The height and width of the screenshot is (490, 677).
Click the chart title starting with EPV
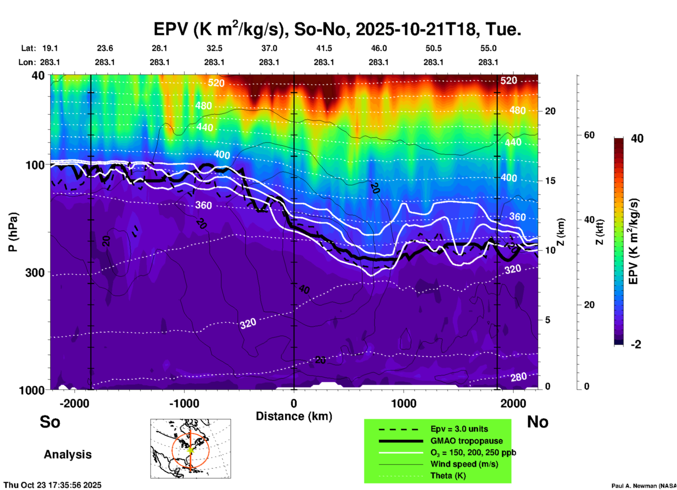click(x=337, y=30)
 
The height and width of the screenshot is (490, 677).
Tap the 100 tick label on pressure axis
click(x=35, y=165)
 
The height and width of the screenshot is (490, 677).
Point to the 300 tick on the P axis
click(x=35, y=272)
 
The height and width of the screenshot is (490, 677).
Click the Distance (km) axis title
click(x=294, y=416)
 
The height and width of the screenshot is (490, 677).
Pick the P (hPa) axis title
click(x=13, y=232)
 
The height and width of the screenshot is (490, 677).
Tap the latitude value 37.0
click(x=269, y=48)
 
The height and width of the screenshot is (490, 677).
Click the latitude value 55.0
click(x=488, y=48)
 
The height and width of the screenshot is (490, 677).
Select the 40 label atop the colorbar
click(x=637, y=138)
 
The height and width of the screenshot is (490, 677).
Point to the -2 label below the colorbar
click(x=636, y=344)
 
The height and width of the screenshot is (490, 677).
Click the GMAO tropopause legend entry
click(x=466, y=441)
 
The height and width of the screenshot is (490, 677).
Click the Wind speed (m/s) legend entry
click(x=464, y=464)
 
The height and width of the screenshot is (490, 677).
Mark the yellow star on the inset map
click(x=191, y=450)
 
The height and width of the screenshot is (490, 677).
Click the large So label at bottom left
click(x=50, y=422)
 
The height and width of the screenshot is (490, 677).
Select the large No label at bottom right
click(x=537, y=422)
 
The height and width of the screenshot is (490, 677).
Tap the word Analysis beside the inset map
click(x=67, y=454)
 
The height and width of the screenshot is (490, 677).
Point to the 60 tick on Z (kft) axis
click(x=589, y=135)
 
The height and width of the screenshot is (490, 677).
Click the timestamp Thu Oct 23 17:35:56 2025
click(x=52, y=485)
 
